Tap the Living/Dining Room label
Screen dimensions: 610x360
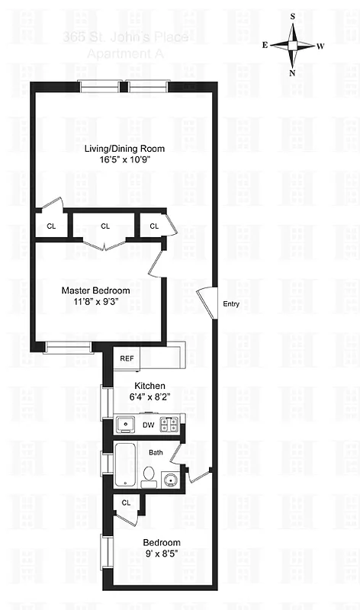coord(124,148)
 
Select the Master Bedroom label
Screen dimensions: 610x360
coord(95,291)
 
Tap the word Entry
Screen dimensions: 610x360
coord(231,304)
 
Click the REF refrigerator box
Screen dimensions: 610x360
coord(126,358)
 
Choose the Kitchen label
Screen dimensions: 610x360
coord(149,386)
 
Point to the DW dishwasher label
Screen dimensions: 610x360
coord(148,425)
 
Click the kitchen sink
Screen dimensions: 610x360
coord(125,425)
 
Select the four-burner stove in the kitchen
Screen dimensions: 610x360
coord(172,425)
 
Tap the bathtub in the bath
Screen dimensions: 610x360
coord(125,464)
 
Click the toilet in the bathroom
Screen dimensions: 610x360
coord(149,479)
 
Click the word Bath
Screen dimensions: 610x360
coord(156,452)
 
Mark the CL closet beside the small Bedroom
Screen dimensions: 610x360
coord(126,502)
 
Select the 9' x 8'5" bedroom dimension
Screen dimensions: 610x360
coord(161,555)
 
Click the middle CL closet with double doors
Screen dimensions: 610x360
coord(104,226)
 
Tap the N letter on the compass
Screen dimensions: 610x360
coord(292,74)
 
